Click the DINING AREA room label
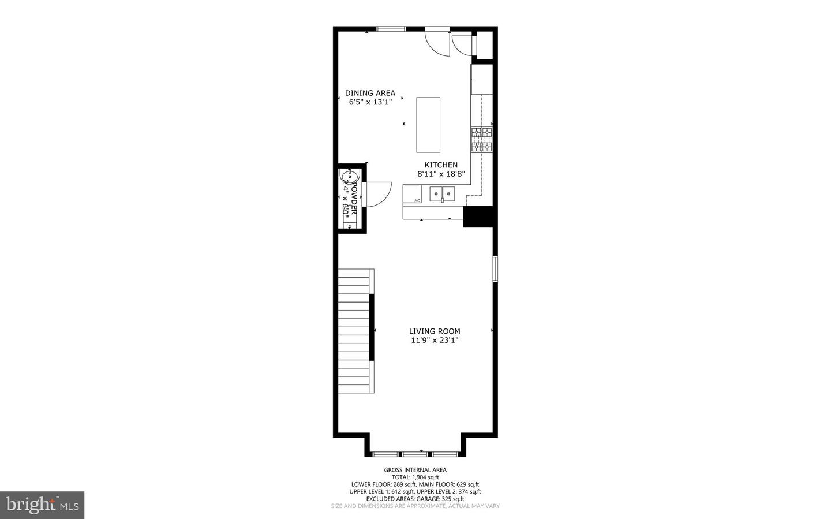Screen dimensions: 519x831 click(x=370, y=93)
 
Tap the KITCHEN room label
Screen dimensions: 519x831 click(x=441, y=165)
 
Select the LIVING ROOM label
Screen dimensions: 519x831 click(x=435, y=331)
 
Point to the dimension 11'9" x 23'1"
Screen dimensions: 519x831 click(x=435, y=341)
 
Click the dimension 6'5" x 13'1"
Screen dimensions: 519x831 click(x=370, y=102)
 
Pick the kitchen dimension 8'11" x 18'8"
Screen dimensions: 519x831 click(x=441, y=174)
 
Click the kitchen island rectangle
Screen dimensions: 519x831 click(x=428, y=125)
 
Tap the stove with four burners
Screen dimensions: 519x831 click(x=482, y=140)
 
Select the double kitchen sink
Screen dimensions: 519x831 click(x=443, y=193)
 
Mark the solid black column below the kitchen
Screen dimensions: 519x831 click(x=478, y=216)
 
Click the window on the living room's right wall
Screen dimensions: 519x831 click(x=495, y=268)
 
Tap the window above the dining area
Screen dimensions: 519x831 click(x=391, y=29)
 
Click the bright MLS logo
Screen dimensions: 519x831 click(x=42, y=505)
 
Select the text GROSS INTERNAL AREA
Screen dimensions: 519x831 click(x=415, y=470)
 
